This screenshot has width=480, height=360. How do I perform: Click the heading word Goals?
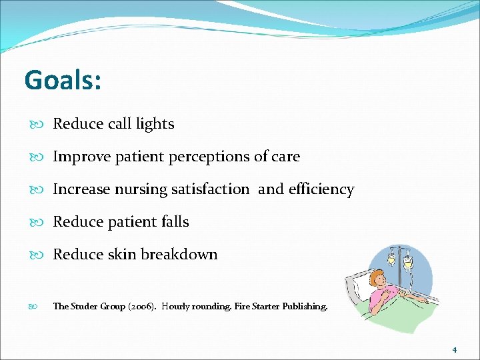click(62, 81)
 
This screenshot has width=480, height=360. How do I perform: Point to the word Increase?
click(81, 189)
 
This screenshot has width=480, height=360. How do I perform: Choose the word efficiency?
click(321, 189)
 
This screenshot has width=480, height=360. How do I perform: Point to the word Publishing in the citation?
click(304, 307)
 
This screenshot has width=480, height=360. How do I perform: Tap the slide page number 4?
click(454, 349)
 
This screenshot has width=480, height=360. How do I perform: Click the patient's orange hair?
click(375, 277)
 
